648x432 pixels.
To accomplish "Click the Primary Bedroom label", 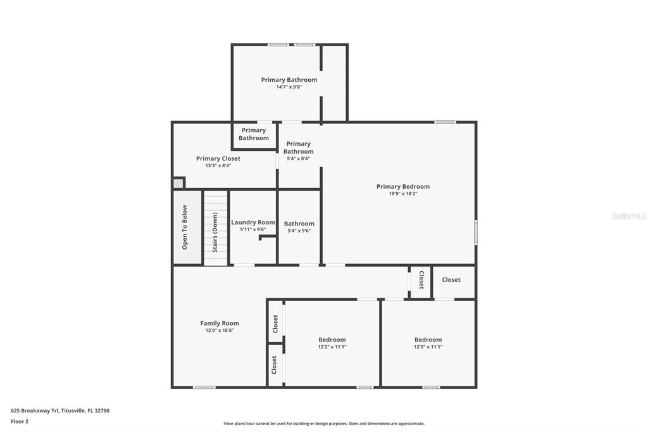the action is tap(403, 187).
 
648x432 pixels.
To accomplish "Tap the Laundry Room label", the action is tap(253, 222).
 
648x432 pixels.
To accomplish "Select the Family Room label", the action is tap(220, 323).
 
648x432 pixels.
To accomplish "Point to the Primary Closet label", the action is tap(218, 158).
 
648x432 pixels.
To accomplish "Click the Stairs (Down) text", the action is tap(215, 232).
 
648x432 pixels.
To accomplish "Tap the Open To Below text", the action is tap(184, 227).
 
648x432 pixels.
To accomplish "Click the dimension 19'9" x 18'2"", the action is tap(403, 194).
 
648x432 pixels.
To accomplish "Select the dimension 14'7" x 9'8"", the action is tap(289, 87).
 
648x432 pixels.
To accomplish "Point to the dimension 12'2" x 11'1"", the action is tap(332, 346).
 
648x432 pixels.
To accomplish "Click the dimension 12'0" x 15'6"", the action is tap(220, 330).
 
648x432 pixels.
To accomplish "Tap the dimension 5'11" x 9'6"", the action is tap(253, 230).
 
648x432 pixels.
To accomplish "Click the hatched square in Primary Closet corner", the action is tap(178, 183).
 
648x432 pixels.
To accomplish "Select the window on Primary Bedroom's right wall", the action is tap(476, 232).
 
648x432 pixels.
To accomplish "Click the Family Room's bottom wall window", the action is tap(204, 387).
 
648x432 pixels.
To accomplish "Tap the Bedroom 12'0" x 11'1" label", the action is tap(428, 340).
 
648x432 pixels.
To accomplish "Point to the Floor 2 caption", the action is tap(20, 422).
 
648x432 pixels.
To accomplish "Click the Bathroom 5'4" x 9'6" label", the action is tap(299, 224).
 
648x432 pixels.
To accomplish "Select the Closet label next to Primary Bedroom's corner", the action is tap(451, 280).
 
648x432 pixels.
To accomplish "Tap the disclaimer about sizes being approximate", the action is tap(324, 424).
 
